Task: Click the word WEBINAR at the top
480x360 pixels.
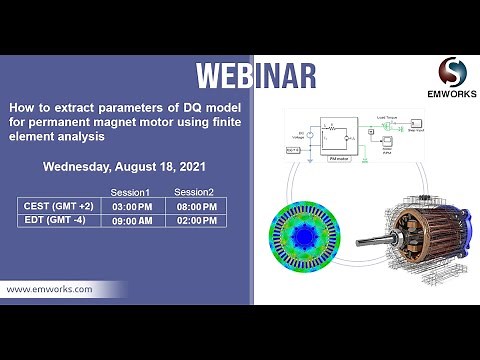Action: pyautogui.click(x=256, y=76)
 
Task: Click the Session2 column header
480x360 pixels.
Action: pyautogui.click(x=195, y=190)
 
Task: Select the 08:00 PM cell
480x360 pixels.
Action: pyautogui.click(x=196, y=206)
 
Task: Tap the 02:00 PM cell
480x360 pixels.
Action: pyautogui.click(x=196, y=223)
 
